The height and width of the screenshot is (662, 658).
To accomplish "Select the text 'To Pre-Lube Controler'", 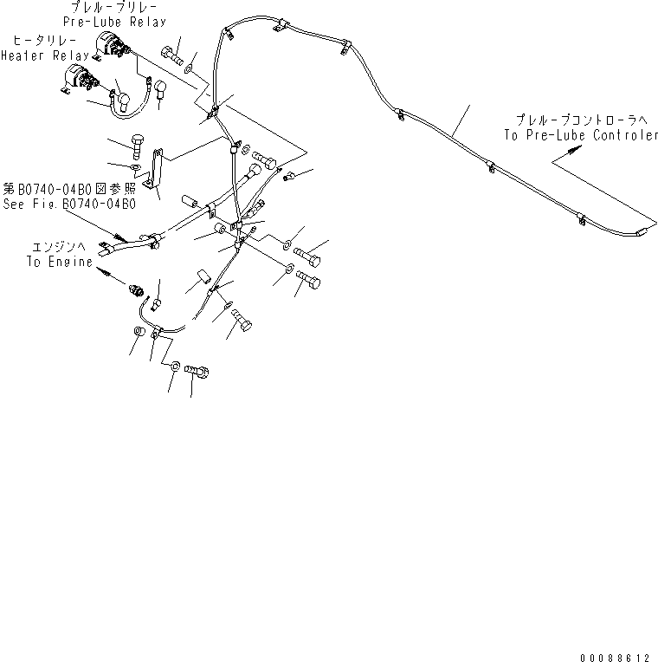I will click(x=581, y=135).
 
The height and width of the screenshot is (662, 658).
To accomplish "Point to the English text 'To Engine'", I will click(x=59, y=262).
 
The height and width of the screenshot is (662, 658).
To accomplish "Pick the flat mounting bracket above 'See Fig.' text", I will click(x=155, y=169).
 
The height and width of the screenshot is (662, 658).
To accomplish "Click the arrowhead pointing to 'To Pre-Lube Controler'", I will click(x=573, y=150).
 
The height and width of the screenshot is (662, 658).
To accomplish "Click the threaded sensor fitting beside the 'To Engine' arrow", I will click(x=137, y=289).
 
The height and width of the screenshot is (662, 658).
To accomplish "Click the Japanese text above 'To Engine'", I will click(x=60, y=247).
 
